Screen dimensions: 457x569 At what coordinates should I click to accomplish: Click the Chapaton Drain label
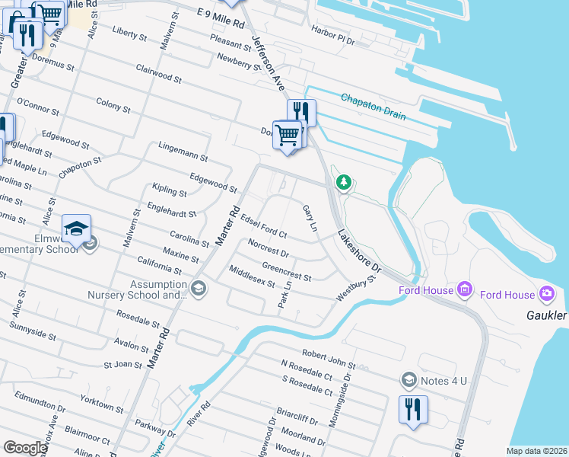click(x=374, y=107)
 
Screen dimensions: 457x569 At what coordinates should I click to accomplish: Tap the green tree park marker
click(x=344, y=182)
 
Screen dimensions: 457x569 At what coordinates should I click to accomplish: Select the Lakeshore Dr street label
click(x=359, y=251)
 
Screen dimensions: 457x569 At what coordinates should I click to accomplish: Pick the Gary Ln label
click(x=309, y=218)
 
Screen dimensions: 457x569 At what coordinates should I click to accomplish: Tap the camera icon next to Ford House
click(x=546, y=293)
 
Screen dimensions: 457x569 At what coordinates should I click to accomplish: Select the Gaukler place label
click(x=546, y=315)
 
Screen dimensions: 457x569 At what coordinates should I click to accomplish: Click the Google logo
click(x=25, y=448)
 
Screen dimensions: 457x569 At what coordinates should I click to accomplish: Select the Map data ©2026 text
click(x=536, y=451)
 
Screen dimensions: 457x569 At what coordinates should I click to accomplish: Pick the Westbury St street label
click(x=357, y=289)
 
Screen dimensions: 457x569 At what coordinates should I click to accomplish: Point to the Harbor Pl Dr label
click(x=333, y=35)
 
